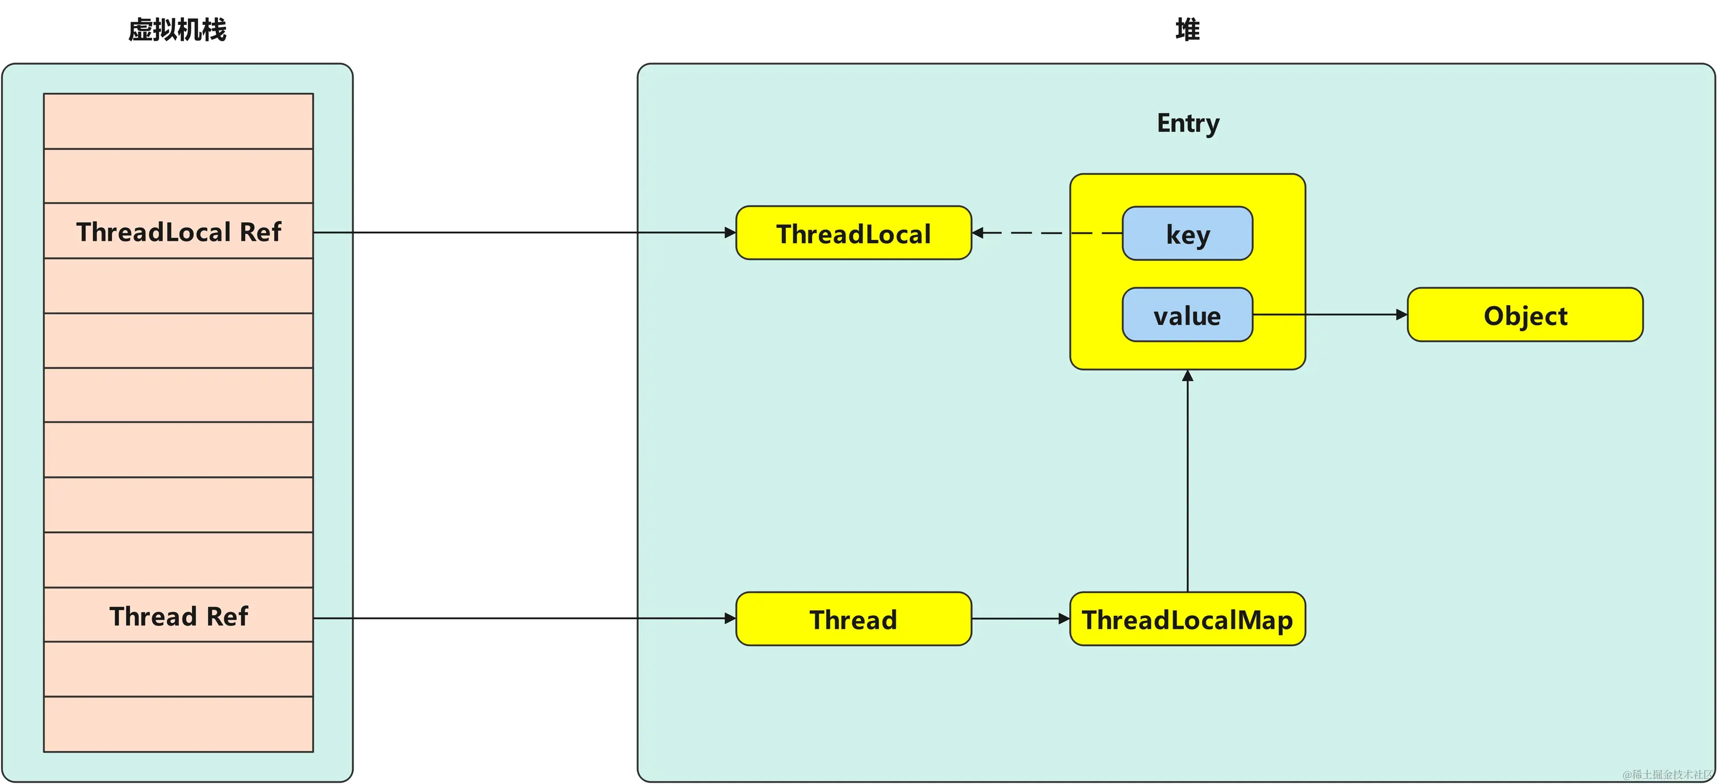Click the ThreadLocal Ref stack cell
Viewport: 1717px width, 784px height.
click(x=179, y=231)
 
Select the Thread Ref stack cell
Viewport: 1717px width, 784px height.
click(x=179, y=615)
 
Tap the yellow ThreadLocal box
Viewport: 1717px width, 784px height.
click(x=854, y=233)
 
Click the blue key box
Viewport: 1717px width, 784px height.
click(x=1187, y=233)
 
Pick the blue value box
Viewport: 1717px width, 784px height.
click(x=1187, y=315)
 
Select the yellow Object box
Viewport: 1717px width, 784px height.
click(x=1525, y=315)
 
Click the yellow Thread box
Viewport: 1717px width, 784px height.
click(x=854, y=619)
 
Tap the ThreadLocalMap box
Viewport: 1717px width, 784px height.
click(x=1187, y=619)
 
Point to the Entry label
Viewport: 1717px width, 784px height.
click(x=1188, y=124)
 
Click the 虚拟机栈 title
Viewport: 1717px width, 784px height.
click(x=177, y=30)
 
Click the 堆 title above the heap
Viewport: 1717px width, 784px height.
click(x=1187, y=30)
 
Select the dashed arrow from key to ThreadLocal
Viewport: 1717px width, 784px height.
click(x=1047, y=233)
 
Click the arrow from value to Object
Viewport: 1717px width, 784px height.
click(x=1330, y=315)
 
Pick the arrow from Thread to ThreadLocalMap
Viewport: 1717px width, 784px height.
click(x=1021, y=619)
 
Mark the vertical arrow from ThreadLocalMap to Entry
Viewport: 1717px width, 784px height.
click(x=1187, y=481)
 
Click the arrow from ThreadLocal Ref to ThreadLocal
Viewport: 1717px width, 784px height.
click(x=525, y=233)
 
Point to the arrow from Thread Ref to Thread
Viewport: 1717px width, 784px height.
click(x=525, y=619)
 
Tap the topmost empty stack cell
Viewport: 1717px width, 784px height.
click(x=179, y=122)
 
